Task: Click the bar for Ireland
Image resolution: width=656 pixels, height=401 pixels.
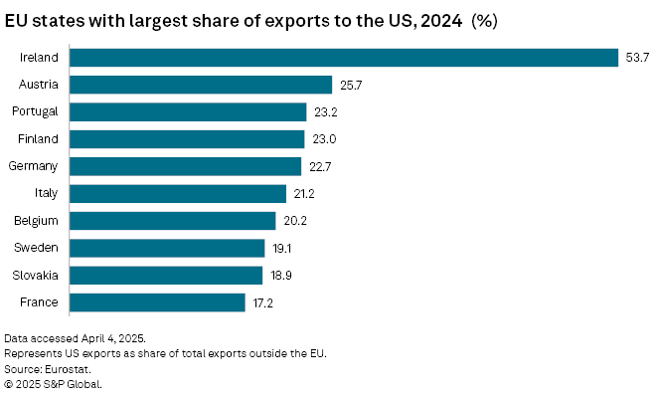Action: click(345, 58)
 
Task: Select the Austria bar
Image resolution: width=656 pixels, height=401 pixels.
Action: click(202, 85)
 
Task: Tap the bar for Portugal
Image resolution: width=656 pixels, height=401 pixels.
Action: click(189, 111)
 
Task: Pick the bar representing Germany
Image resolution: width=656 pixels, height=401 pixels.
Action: click(187, 166)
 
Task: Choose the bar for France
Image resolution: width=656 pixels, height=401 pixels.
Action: click(159, 301)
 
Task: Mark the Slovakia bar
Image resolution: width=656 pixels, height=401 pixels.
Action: click(167, 275)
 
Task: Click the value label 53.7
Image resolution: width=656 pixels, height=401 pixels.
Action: click(636, 58)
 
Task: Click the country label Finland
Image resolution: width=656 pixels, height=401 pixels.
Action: click(38, 139)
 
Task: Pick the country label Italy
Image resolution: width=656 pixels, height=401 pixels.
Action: click(47, 193)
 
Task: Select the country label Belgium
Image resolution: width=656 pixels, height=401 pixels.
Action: click(37, 220)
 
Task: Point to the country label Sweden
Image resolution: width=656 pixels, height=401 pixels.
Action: click(38, 248)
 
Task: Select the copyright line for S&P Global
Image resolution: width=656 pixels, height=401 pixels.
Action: click(53, 383)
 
